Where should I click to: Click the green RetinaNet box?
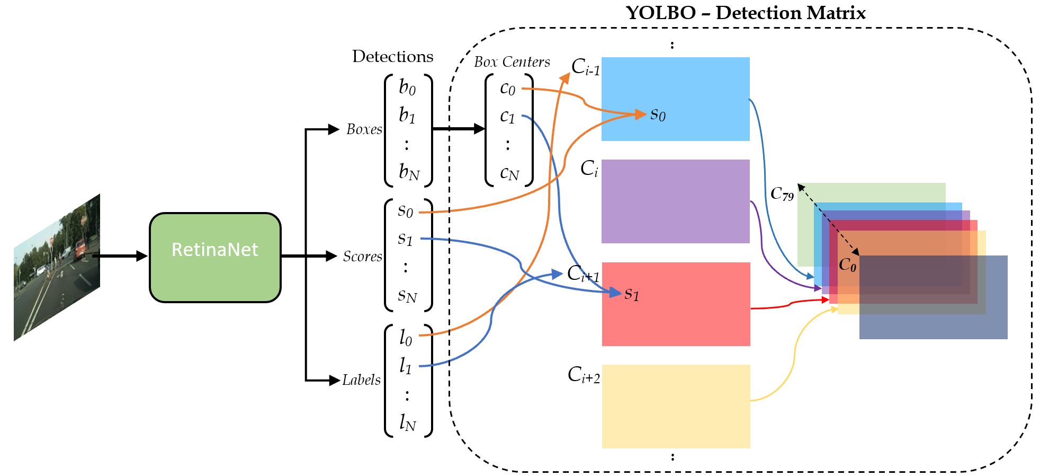tap(215, 258)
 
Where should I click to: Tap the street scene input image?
tap(57, 268)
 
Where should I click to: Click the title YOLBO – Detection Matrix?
tap(746, 13)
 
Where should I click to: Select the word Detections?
tap(392, 57)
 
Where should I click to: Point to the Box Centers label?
tap(512, 62)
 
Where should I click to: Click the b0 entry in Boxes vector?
tap(407, 87)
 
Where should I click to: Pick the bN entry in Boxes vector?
tap(409, 172)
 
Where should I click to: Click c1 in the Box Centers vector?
tap(507, 116)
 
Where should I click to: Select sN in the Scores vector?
tap(407, 295)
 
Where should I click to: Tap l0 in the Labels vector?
tap(405, 337)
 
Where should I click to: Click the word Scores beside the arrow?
tap(362, 257)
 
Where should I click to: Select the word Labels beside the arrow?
tap(361, 380)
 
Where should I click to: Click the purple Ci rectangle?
tap(675, 201)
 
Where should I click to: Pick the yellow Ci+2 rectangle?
tap(676, 407)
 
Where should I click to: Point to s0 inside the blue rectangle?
tap(658, 114)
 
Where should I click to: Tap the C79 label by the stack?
tap(782, 194)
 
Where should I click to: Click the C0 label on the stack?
tap(847, 265)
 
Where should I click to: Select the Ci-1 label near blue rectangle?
tap(586, 67)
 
